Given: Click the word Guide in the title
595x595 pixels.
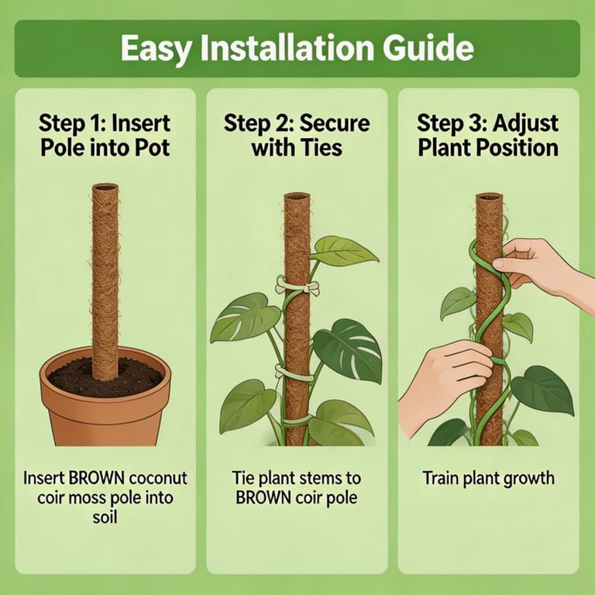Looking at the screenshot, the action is [428, 48].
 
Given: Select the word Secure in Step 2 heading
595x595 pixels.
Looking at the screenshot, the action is [335, 123].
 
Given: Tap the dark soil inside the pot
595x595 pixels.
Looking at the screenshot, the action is [105, 377].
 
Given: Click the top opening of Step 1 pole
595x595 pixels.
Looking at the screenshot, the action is [105, 187].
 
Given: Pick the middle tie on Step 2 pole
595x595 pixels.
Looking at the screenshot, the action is [294, 373].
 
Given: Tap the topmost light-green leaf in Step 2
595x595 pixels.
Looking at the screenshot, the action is [343, 251].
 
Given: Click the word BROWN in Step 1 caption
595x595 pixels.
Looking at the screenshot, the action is [96, 478].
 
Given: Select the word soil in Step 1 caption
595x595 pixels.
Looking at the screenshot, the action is [105, 518].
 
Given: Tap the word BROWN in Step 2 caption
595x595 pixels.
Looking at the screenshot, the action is [263, 497].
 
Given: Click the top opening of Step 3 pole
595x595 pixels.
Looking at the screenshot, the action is [490, 198].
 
